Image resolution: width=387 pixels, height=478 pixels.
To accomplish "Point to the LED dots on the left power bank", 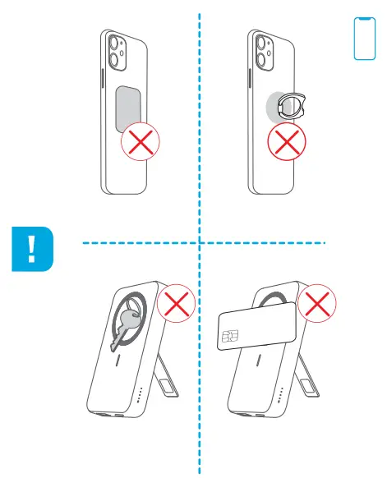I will pos(140,397).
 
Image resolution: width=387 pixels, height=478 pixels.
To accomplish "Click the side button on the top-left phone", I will pos(100,81).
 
